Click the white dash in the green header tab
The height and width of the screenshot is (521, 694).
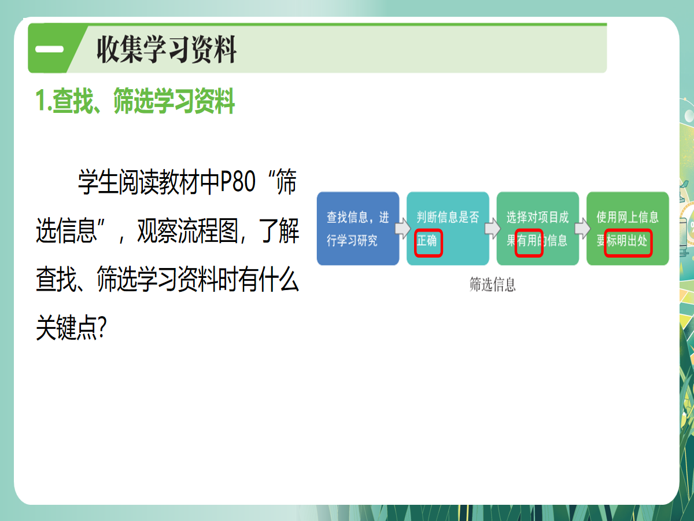[x=49, y=49]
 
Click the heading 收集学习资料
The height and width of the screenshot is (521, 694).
[x=167, y=49]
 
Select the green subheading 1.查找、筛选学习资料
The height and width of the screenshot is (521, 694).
[x=135, y=101]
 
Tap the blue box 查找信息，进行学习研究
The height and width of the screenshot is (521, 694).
[x=358, y=229]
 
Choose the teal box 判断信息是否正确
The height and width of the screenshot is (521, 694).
[x=448, y=229]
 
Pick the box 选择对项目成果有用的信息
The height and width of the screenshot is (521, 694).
[x=537, y=229]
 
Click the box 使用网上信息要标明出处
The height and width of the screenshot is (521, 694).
[x=627, y=229]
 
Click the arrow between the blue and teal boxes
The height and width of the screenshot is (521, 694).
[x=403, y=228]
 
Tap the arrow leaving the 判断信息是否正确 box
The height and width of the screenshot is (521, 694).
[x=493, y=228]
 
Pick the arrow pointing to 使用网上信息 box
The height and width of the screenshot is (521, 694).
[x=582, y=228]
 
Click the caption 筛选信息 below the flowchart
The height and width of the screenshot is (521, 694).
[x=493, y=284]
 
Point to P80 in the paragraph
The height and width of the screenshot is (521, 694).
[x=238, y=182]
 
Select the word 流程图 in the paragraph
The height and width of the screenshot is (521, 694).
[x=208, y=230]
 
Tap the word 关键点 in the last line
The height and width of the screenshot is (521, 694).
[x=66, y=328]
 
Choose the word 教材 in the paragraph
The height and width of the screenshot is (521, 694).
[x=179, y=182]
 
